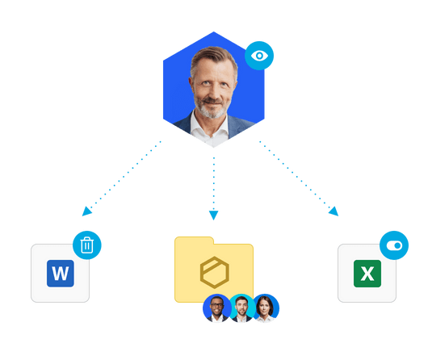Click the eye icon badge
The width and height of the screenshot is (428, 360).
259,56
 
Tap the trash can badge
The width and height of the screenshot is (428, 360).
87,245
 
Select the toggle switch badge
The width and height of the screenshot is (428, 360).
394,245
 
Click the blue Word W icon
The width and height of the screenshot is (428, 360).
61,274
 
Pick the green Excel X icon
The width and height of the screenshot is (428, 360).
367,274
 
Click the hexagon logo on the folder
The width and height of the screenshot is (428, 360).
215,272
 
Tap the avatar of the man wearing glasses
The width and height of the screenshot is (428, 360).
217,308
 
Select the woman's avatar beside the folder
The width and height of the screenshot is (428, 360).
266,308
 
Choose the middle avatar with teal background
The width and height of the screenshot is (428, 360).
241,308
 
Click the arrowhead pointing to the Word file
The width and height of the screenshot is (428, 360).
86,211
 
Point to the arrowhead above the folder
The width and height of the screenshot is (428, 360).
214,215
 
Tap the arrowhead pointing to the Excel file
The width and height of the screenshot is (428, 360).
334,211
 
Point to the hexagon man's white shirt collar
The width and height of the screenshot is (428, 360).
210,128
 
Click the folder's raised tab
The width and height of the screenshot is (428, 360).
194,241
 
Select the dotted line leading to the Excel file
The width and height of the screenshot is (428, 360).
294,174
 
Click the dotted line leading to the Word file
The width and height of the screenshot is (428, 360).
126,174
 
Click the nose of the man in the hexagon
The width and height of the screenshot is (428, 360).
212,91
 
